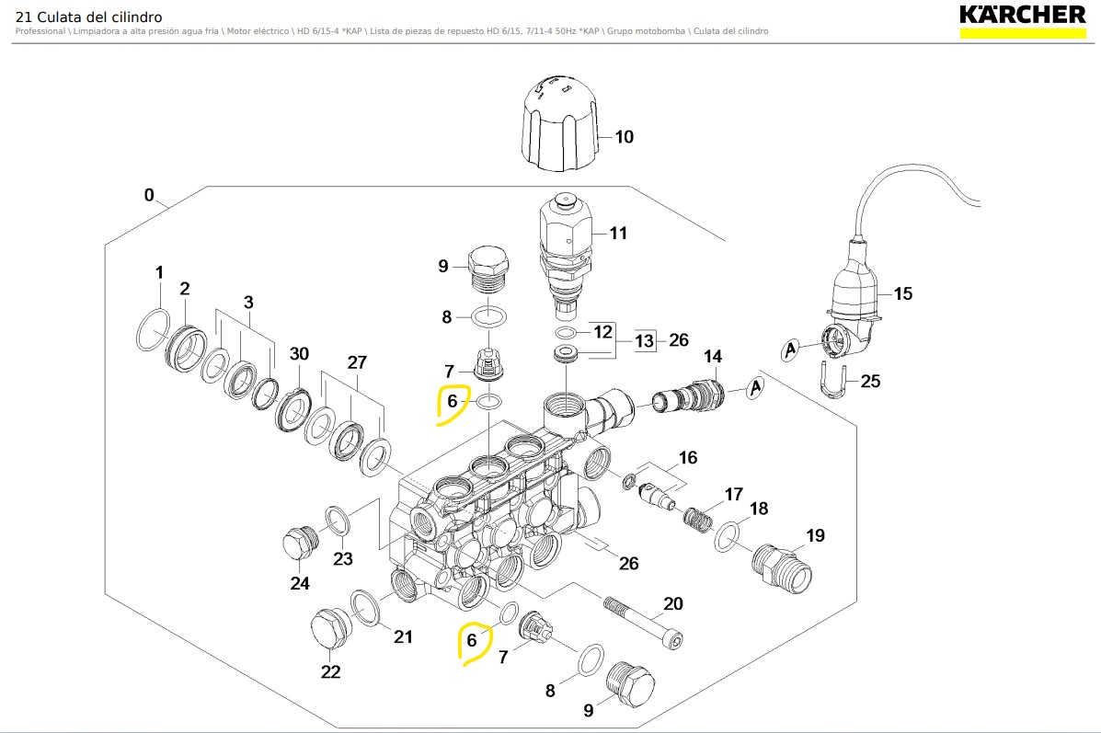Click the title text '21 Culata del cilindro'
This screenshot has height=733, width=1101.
tap(89, 17)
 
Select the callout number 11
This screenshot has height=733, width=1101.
tap(618, 234)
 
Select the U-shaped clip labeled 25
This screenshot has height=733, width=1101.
tap(831, 381)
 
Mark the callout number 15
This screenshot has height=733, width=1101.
tap(903, 294)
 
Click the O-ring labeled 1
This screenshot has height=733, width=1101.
tap(153, 329)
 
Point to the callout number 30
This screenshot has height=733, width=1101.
tap(300, 354)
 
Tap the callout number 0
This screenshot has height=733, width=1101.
tap(149, 196)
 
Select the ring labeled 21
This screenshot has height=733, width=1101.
tap(365, 607)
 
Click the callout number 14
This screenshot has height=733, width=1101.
tap(713, 356)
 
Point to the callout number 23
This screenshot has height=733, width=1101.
tap(343, 558)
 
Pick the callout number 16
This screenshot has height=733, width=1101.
tap(688, 458)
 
